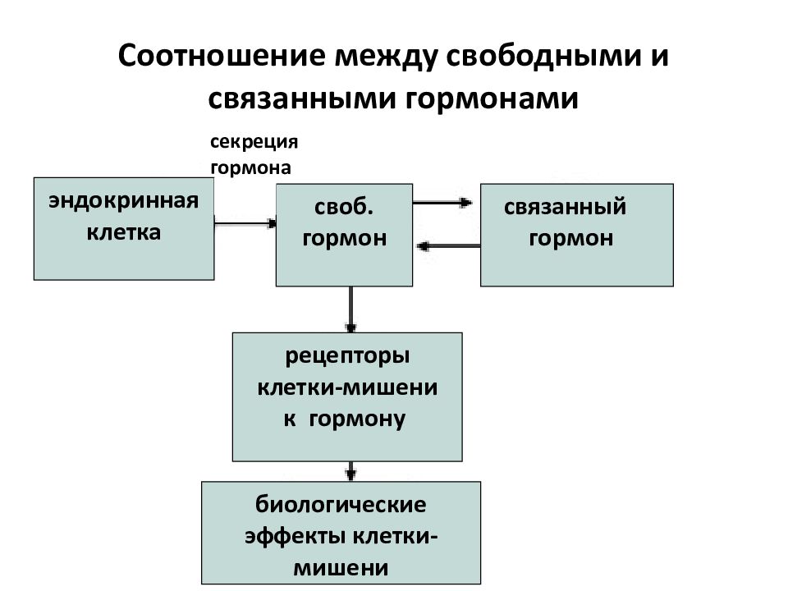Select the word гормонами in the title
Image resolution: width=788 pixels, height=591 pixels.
click(492, 98)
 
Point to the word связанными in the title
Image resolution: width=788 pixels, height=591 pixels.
click(303, 98)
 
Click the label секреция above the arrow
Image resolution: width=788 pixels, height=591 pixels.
click(254, 142)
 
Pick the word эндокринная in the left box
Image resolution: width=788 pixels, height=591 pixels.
click(124, 201)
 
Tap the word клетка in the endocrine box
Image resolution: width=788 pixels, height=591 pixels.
click(124, 232)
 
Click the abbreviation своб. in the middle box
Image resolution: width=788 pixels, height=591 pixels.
click(344, 207)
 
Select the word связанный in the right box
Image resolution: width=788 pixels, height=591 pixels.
click(565, 207)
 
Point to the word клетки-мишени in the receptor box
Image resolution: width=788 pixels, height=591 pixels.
click(347, 387)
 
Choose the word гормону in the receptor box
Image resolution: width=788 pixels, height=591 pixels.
click(357, 419)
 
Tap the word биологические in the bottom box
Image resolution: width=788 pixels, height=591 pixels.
click(341, 505)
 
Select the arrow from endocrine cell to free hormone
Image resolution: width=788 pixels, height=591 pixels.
click(245, 223)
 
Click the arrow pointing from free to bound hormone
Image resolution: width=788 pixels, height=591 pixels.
click(442, 203)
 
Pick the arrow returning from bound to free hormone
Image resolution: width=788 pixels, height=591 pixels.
click(449, 245)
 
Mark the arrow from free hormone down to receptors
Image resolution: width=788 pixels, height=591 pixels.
click(350, 309)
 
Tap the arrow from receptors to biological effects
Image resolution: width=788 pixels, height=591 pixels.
click(350, 471)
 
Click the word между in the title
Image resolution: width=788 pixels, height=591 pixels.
click(386, 56)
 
